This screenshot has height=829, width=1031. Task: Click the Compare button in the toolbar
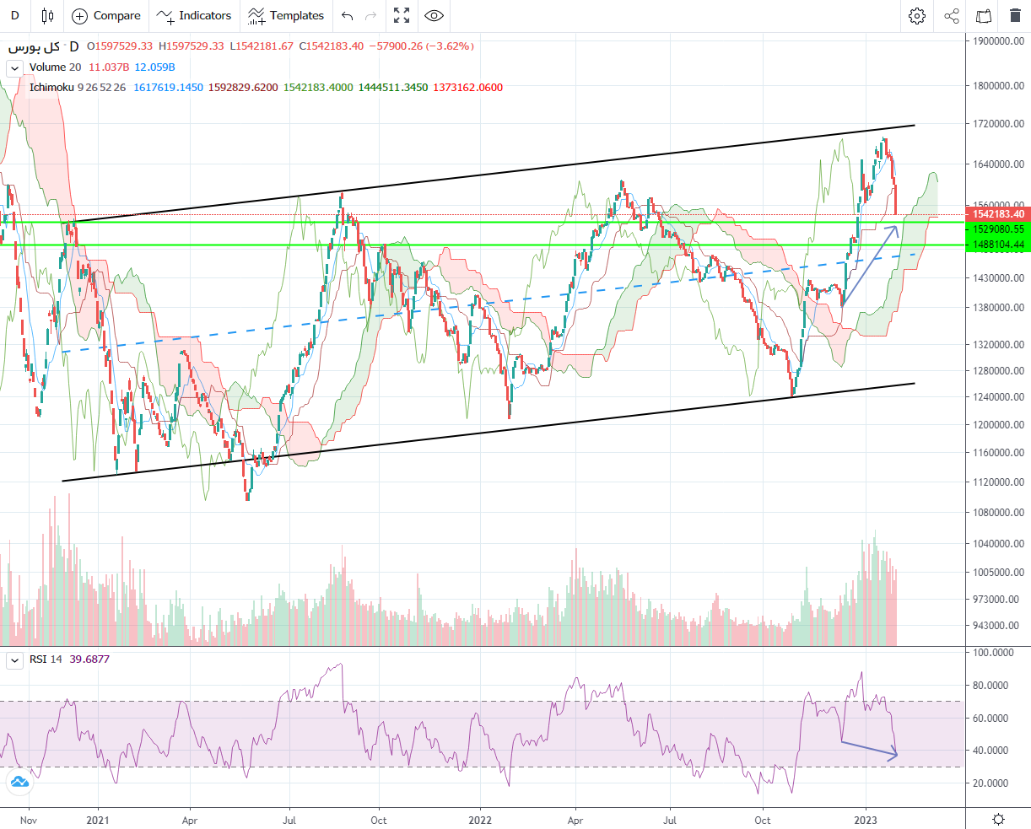[x=106, y=16]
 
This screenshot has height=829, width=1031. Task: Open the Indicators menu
[x=194, y=16]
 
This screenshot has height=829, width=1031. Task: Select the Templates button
[x=286, y=16]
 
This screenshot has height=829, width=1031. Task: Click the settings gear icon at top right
[x=917, y=16]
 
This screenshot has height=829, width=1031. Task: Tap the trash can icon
[x=1015, y=16]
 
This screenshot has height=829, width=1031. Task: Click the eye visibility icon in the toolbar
[x=434, y=16]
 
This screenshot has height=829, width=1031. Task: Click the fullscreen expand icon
[x=402, y=16]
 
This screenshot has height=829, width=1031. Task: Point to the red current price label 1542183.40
[x=998, y=214]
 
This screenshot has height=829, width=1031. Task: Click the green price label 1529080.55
[x=998, y=229]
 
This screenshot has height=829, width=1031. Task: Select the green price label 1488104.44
[x=998, y=245]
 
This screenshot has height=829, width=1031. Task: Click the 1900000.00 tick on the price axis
[x=997, y=40]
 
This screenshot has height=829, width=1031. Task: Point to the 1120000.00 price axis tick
[x=997, y=482]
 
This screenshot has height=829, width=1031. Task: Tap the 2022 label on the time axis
[x=480, y=820]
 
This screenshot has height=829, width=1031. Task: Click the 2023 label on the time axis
[x=866, y=820]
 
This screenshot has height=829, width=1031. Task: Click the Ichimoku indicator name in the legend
[x=52, y=88]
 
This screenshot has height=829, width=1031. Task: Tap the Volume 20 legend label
[x=55, y=67]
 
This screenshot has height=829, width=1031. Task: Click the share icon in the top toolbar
[x=952, y=16]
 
